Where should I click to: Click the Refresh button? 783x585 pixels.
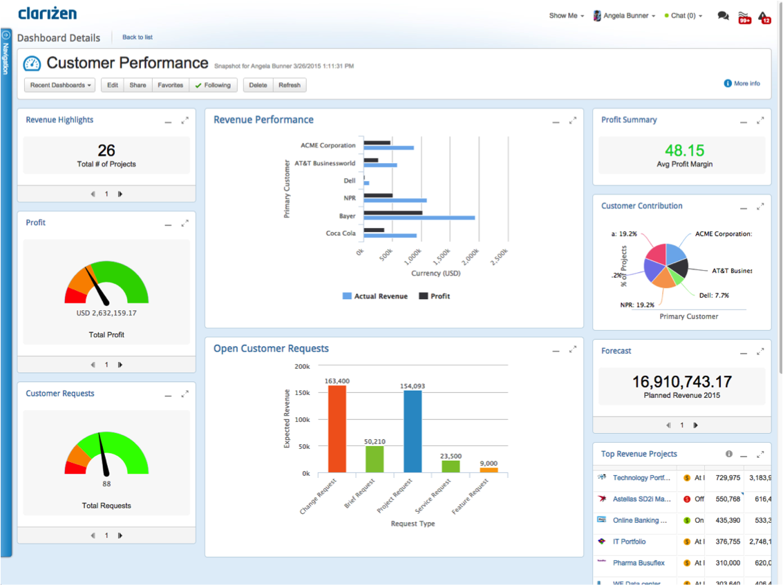[290, 85]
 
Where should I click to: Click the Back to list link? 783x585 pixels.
[138, 37]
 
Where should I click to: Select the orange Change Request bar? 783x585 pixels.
[337, 428]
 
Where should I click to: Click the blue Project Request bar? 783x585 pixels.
[413, 432]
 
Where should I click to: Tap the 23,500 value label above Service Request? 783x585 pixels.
[451, 456]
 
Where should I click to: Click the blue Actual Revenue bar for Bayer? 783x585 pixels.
[419, 218]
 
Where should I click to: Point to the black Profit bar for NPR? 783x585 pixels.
[378, 195]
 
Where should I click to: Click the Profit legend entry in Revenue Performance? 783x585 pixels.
[435, 296]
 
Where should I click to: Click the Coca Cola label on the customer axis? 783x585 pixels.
[341, 233]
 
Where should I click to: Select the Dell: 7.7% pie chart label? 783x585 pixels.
[713, 296]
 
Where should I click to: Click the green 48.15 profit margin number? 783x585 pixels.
[684, 151]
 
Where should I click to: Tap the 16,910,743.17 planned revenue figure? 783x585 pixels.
[681, 381]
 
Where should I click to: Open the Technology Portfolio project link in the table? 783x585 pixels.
[641, 478]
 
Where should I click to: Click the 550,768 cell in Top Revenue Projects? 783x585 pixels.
[728, 499]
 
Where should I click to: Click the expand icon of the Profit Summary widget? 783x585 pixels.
[760, 121]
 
